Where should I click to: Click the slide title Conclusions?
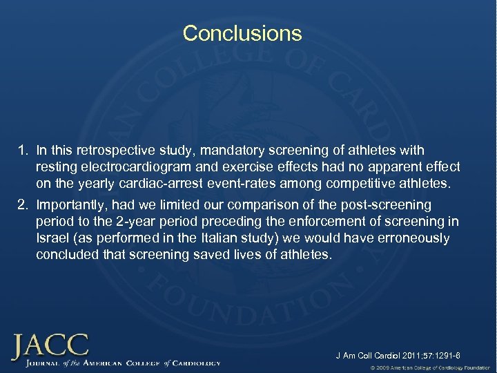tap(242, 33)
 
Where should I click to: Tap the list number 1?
tap(23, 151)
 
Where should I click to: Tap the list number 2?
tap(23, 205)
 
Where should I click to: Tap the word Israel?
tap(52, 238)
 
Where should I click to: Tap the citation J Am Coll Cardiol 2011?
tap(398, 356)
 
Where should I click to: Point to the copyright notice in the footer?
tap(429, 367)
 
